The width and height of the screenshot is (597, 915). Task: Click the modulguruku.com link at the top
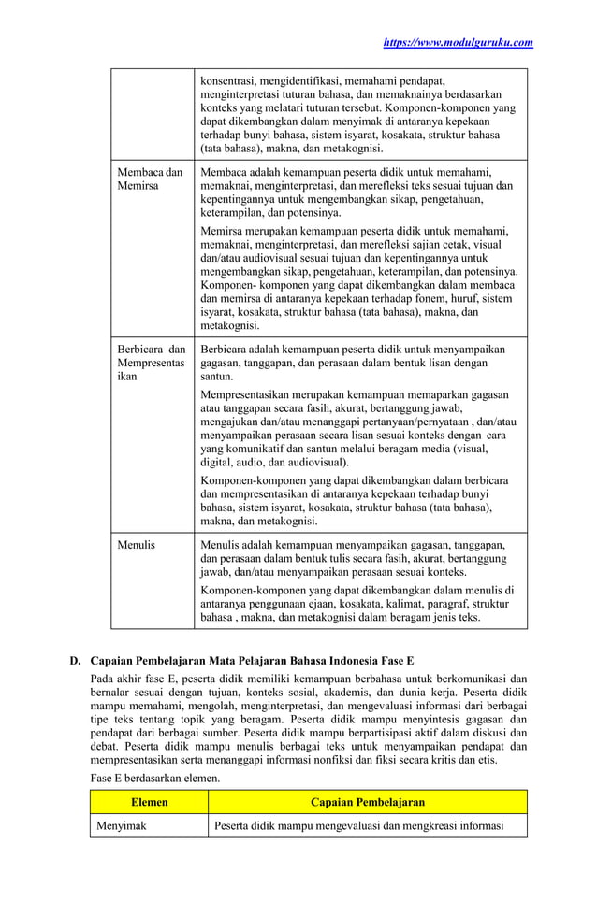pos(458,42)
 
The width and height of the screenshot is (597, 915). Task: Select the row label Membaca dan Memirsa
pos(149,179)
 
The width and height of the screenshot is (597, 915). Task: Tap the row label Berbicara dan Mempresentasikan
pos(151,364)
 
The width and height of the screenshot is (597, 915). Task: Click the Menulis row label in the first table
pos(136,544)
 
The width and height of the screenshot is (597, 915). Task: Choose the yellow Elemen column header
pos(149,802)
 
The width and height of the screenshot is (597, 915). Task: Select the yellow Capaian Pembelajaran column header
pos(367,802)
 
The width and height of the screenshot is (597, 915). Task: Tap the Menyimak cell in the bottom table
pos(122,825)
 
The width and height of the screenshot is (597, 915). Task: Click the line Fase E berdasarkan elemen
pos(153,778)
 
